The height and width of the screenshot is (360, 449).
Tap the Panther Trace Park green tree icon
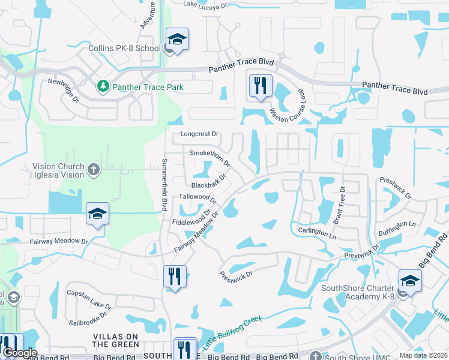pyautogui.click(x=103, y=87)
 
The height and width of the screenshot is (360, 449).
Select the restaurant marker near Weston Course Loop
pyautogui.click(x=261, y=85)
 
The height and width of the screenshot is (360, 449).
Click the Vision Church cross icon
pyautogui.click(x=93, y=170)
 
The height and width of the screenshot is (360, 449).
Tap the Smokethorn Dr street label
pyautogui.click(x=210, y=157)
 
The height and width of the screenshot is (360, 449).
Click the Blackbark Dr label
pyautogui.click(x=209, y=181)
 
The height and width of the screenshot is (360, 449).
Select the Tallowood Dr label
pyautogui.click(x=197, y=197)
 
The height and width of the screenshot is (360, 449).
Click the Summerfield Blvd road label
pyautogui.click(x=163, y=185)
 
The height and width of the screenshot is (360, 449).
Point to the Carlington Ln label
pyautogui.click(x=316, y=232)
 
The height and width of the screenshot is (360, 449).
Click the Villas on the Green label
pyautogui.click(x=115, y=340)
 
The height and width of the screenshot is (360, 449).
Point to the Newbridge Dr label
pyautogui.click(x=64, y=89)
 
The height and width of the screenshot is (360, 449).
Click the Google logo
pyautogui.click(x=19, y=353)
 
